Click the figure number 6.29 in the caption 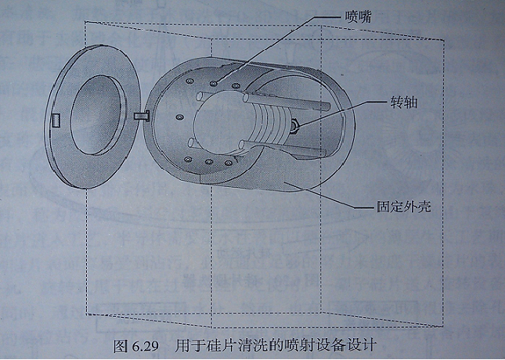tap(139, 344)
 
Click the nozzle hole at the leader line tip tap(213, 79)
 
